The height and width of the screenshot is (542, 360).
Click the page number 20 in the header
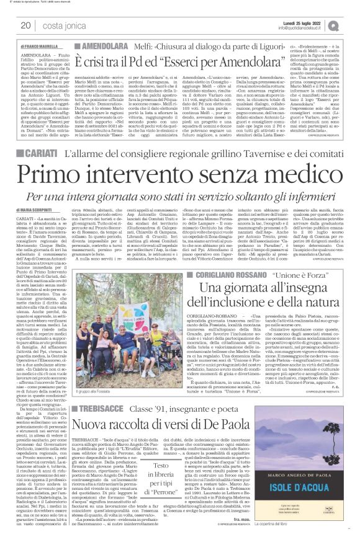point(26,25)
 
